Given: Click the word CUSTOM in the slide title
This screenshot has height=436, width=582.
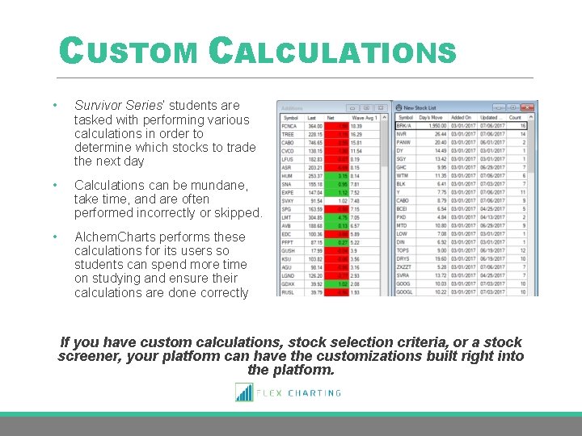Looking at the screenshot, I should pyautogui.click(x=129, y=52).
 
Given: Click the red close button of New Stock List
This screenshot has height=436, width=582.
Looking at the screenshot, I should pyautogui.click(x=529, y=107).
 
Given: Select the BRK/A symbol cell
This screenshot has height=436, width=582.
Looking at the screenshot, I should pyautogui.click(x=403, y=126).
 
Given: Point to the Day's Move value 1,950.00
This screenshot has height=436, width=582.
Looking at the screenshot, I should pyautogui.click(x=433, y=126).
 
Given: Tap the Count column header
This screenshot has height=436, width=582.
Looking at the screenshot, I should pyautogui.click(x=516, y=117).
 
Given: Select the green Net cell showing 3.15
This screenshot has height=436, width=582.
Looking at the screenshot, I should pyautogui.click(x=344, y=174).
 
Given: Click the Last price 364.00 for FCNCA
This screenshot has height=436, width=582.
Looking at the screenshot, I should pyautogui.click(x=314, y=126).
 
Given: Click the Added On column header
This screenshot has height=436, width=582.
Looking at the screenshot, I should pyautogui.click(x=461, y=117).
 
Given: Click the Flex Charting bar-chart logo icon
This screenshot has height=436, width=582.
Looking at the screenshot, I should pyautogui.click(x=243, y=392).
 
